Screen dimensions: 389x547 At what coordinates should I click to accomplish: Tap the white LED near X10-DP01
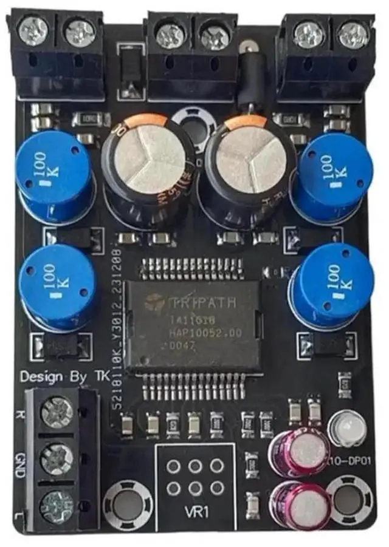pos(343,428)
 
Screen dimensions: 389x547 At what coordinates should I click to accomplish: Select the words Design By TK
pos(63,376)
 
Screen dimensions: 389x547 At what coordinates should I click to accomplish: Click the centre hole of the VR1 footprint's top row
pos(195,466)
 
